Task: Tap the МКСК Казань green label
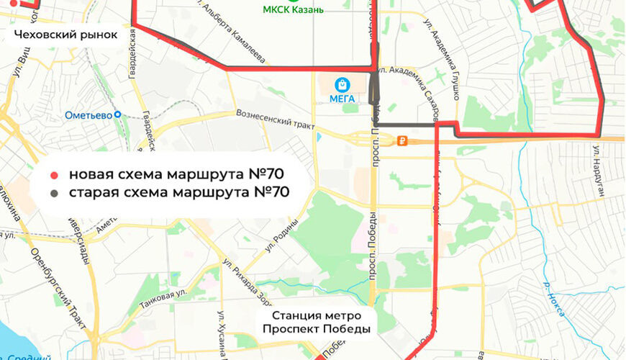pos(293,10)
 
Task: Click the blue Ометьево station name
pos(88,114)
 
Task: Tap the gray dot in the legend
pos(55,193)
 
